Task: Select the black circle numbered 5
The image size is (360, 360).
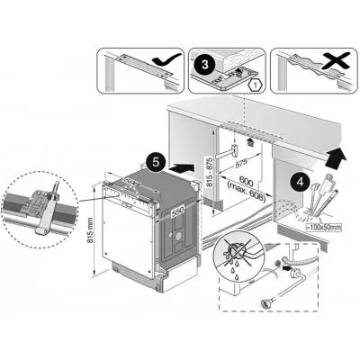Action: (156, 162)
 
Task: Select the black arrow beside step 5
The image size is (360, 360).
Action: (180, 166)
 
